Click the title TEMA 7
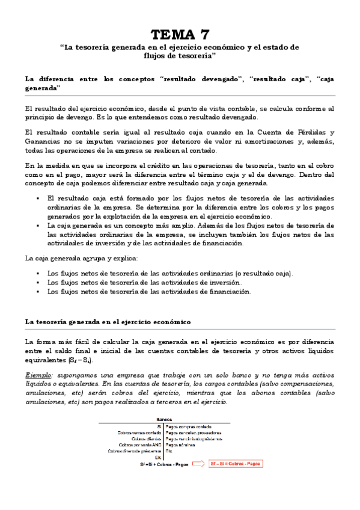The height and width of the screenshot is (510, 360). click(180, 34)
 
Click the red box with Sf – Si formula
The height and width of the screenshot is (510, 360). click(237, 463)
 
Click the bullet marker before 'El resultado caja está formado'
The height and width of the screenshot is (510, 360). click(38, 198)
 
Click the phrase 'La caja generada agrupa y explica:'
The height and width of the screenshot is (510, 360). click(81, 258)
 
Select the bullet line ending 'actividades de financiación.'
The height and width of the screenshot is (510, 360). click(148, 292)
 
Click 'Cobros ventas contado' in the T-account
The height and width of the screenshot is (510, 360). click(140, 432)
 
